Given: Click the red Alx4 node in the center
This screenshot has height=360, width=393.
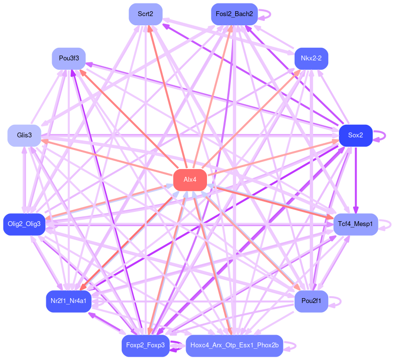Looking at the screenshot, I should pos(190,180).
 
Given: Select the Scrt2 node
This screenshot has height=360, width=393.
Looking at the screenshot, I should pos(146,14).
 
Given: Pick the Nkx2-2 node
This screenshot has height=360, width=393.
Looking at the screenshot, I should pos(311,58).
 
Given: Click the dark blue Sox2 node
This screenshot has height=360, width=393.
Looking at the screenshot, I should pos(356,135).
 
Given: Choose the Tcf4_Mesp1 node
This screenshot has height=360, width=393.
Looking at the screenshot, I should pos(356,224).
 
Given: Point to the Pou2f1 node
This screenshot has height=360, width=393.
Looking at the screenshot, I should pos(311,302).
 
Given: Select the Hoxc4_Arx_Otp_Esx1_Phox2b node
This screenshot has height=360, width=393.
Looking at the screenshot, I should pos(234,345).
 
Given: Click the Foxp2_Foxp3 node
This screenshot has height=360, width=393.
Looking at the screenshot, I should pos(146,345).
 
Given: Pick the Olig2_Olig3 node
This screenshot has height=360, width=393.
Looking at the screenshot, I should pos(24,224).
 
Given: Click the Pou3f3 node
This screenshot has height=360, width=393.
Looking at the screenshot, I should pos(69,58).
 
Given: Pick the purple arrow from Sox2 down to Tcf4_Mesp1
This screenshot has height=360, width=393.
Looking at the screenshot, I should pos(356,180).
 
